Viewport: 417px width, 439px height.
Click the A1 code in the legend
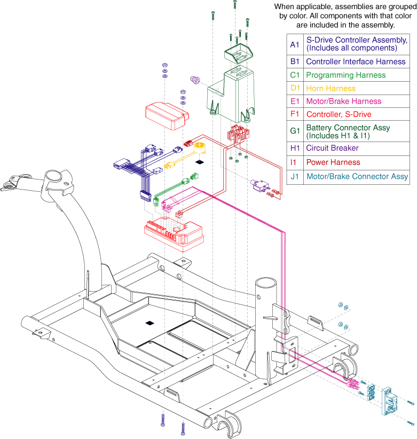[x=295, y=44]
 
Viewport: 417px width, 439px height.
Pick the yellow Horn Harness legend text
[x=331, y=88]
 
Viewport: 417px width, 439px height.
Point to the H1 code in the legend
[x=295, y=148]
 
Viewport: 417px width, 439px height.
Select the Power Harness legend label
[x=333, y=162]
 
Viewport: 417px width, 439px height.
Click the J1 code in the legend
[x=295, y=176]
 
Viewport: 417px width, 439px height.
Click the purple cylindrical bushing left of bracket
[x=196, y=81]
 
